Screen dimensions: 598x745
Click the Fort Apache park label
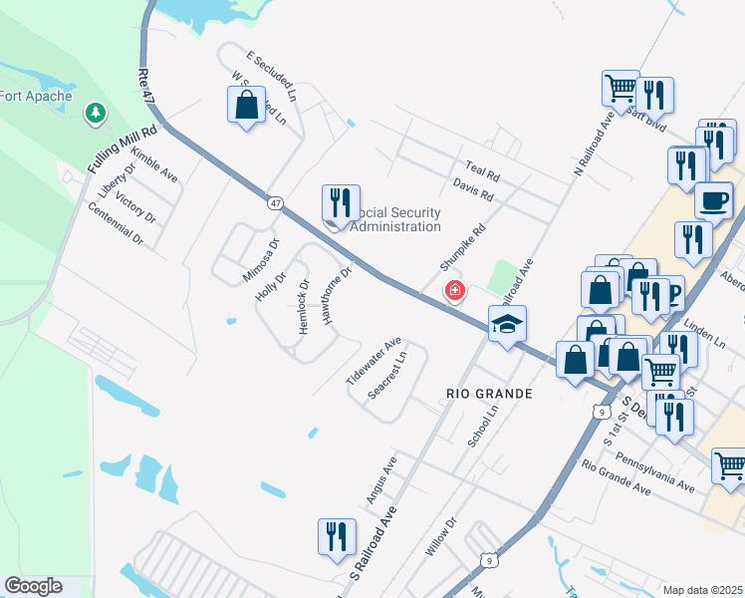(38, 97)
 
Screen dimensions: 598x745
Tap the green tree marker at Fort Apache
(96, 114)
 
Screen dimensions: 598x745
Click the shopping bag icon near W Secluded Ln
(246, 105)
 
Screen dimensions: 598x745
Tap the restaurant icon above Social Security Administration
(341, 203)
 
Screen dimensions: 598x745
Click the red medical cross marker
(454, 291)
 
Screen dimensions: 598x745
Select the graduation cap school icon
(507, 323)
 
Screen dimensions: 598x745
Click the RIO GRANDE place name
(489, 394)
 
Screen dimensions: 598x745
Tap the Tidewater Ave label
(372, 361)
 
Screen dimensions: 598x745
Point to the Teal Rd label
(482, 170)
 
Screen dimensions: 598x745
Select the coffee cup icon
(713, 200)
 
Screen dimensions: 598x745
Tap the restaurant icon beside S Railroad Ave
(337, 536)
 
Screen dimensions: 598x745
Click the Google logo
(33, 586)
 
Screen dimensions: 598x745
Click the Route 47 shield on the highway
(274, 202)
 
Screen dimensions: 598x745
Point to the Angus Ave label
(381, 479)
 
